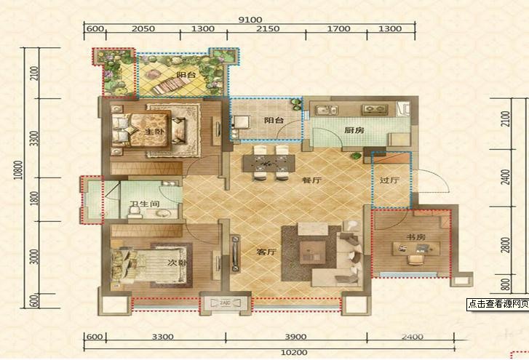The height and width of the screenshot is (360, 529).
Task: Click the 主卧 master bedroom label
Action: (154, 131)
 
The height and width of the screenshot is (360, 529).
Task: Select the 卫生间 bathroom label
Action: (145, 204)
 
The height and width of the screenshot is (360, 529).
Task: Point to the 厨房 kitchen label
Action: (354, 130)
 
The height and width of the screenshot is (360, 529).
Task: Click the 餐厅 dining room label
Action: (311, 180)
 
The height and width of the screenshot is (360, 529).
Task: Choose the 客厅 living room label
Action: (266, 252)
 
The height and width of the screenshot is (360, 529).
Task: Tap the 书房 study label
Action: (415, 237)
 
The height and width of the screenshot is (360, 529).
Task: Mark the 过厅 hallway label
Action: (389, 180)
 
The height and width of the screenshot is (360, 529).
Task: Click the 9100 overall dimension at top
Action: (250, 20)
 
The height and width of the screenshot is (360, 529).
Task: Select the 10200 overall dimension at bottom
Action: (294, 353)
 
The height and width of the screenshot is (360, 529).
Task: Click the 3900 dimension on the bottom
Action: (295, 337)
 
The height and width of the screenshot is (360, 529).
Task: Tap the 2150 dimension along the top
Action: (268, 28)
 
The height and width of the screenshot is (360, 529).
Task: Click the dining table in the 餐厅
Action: (269, 164)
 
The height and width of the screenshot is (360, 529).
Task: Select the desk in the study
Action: (416, 249)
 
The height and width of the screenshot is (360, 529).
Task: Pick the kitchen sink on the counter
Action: (327, 110)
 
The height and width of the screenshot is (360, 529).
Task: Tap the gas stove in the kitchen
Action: (375, 109)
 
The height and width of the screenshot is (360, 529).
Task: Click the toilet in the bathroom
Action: (135, 212)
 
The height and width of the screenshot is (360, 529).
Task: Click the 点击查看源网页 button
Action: (498, 305)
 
